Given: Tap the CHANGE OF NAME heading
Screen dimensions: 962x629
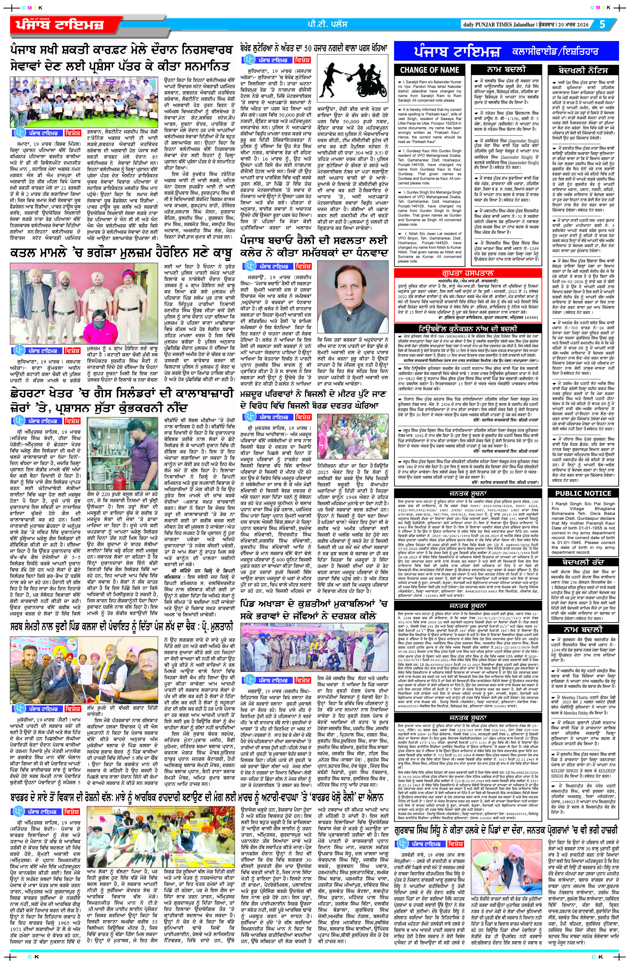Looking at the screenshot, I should [x=430, y=70].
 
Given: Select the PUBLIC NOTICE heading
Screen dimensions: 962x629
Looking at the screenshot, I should [x=582, y=493].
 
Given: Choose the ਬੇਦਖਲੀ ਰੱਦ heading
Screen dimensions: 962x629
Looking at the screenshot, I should [x=582, y=562].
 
